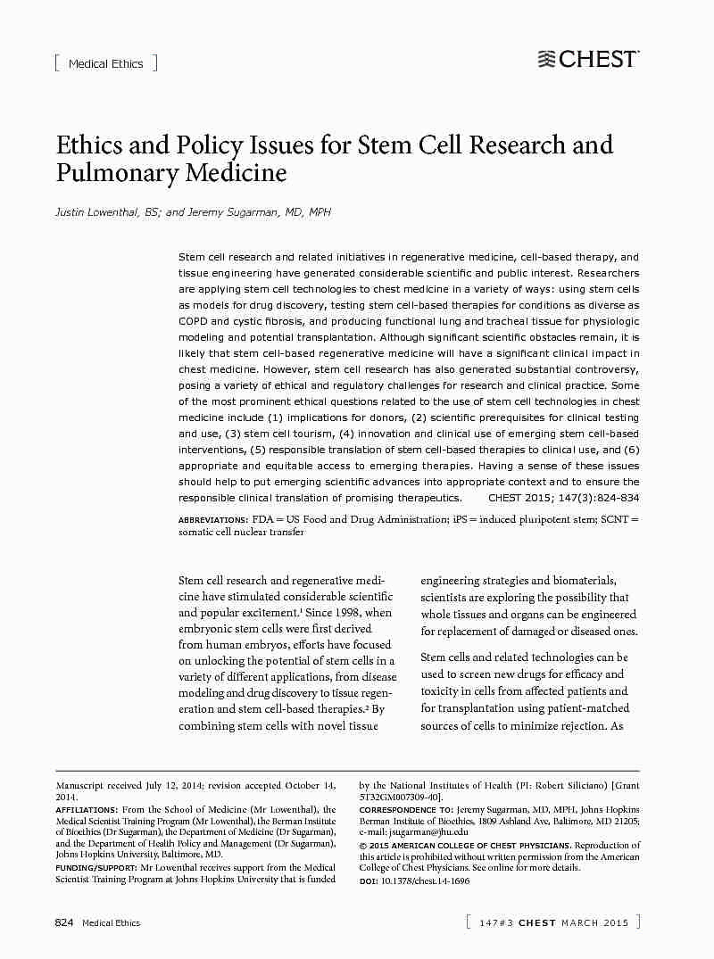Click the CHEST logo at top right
coord(588,60)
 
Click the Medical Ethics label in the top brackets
coord(105,63)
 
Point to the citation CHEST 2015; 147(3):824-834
coord(564,498)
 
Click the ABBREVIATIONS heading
coord(213,519)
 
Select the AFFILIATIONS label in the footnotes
coord(87,810)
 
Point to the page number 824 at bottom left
coord(64,922)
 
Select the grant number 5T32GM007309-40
coord(398,797)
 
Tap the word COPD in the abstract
coord(192,321)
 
